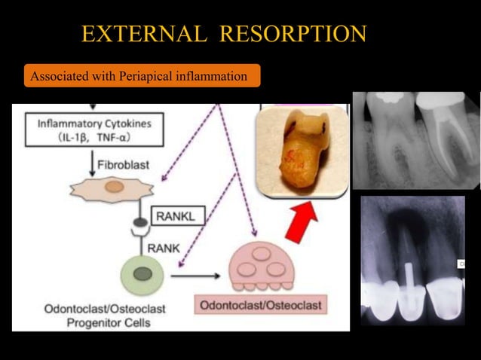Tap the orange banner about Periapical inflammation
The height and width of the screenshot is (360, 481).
pyautogui.click(x=142, y=76)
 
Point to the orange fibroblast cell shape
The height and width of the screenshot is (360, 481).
pyautogui.click(x=113, y=186)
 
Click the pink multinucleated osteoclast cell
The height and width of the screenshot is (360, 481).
pyautogui.click(x=264, y=267)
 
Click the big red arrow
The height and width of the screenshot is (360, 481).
pyautogui.click(x=301, y=219)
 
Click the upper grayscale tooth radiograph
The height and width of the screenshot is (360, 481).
pyautogui.click(x=415, y=140)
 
